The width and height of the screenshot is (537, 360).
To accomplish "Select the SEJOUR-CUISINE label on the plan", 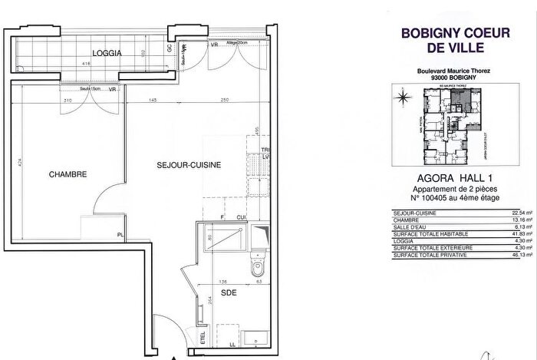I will [189, 164].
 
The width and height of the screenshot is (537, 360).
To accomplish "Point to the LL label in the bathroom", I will [232, 344].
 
